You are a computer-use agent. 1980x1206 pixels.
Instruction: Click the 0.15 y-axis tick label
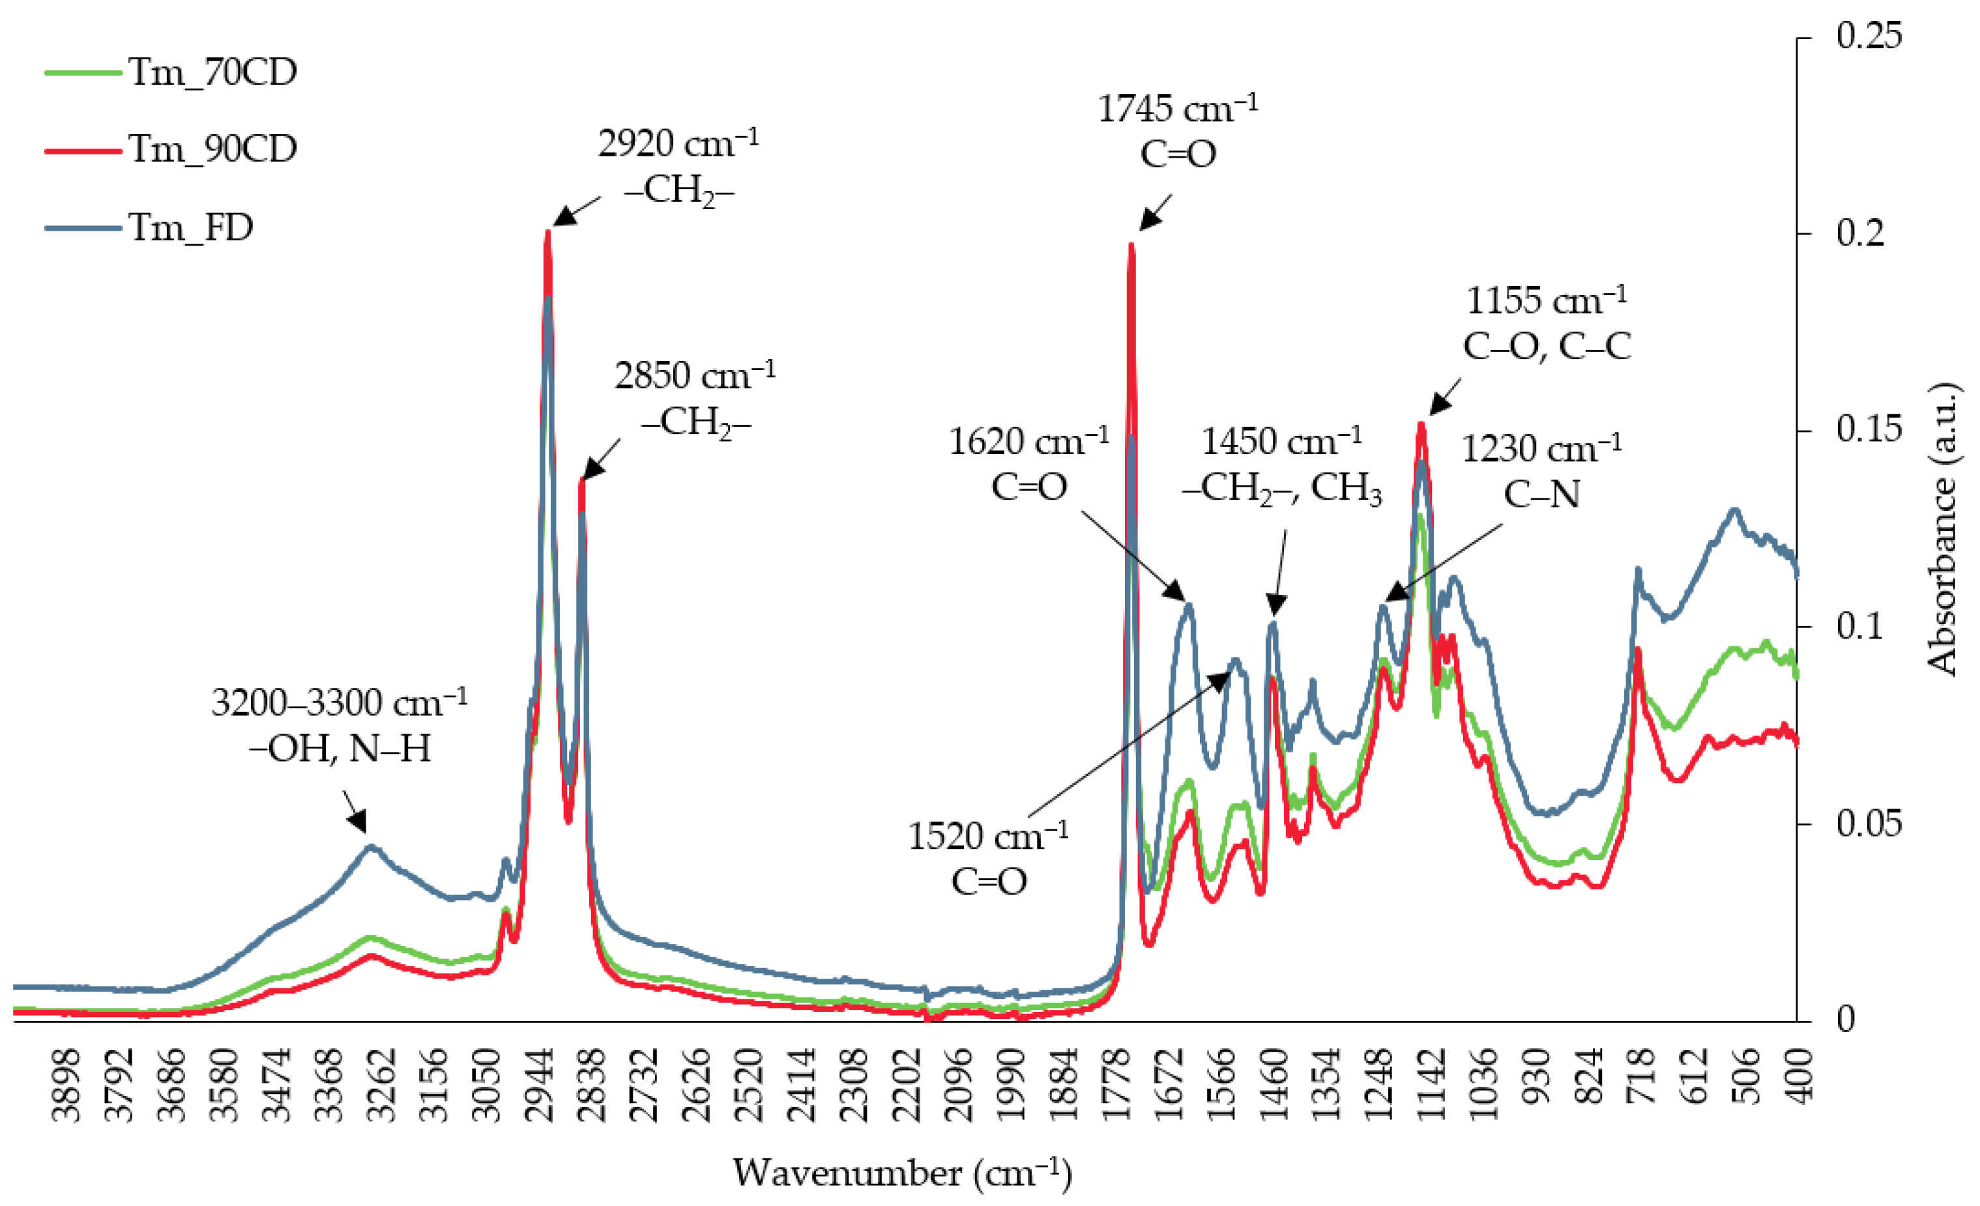pos(1869,429)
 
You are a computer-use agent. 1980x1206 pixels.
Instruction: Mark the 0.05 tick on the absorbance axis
pos(1869,823)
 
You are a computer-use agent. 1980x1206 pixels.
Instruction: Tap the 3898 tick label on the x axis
pos(66,1084)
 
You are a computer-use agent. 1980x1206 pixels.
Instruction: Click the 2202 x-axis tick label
pos(906,1084)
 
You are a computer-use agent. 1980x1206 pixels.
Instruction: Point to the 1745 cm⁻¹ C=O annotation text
pos(1177,130)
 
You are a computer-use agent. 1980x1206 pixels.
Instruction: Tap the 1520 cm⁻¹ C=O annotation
pos(989,859)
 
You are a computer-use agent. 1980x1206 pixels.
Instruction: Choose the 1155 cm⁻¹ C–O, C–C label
pos(1546,323)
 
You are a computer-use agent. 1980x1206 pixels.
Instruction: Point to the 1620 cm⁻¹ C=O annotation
pos(1028,464)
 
